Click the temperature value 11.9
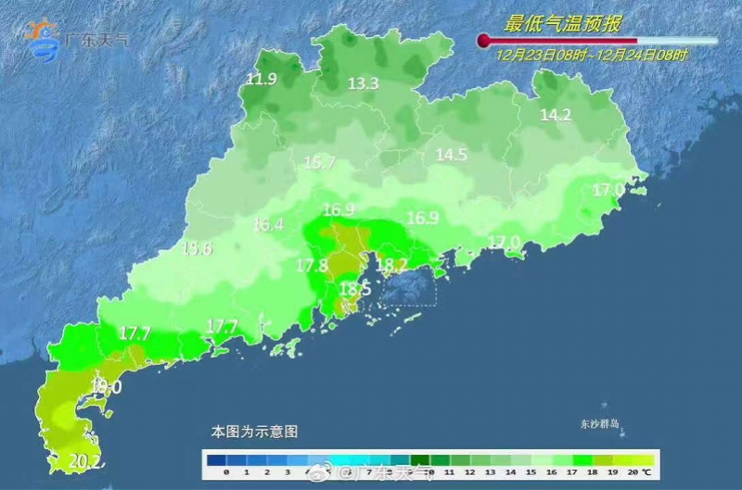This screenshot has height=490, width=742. [x=262, y=79]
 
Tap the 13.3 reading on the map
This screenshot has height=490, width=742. [x=363, y=84]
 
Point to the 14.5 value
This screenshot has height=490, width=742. [x=452, y=156]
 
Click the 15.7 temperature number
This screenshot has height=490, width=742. [x=319, y=163]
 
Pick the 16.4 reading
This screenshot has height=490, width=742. [x=268, y=224]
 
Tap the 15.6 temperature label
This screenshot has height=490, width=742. [x=197, y=248]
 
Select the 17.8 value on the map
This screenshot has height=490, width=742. [x=312, y=266]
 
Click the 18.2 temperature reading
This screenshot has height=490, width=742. [x=391, y=265]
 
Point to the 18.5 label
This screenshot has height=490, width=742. [x=354, y=289]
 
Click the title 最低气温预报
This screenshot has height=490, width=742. [x=549, y=23]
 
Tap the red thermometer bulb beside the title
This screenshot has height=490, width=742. [x=483, y=41]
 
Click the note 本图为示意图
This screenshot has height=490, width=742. [x=254, y=432]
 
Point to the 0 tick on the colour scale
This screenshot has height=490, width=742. [x=226, y=472]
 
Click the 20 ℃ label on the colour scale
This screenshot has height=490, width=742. [x=638, y=472]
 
